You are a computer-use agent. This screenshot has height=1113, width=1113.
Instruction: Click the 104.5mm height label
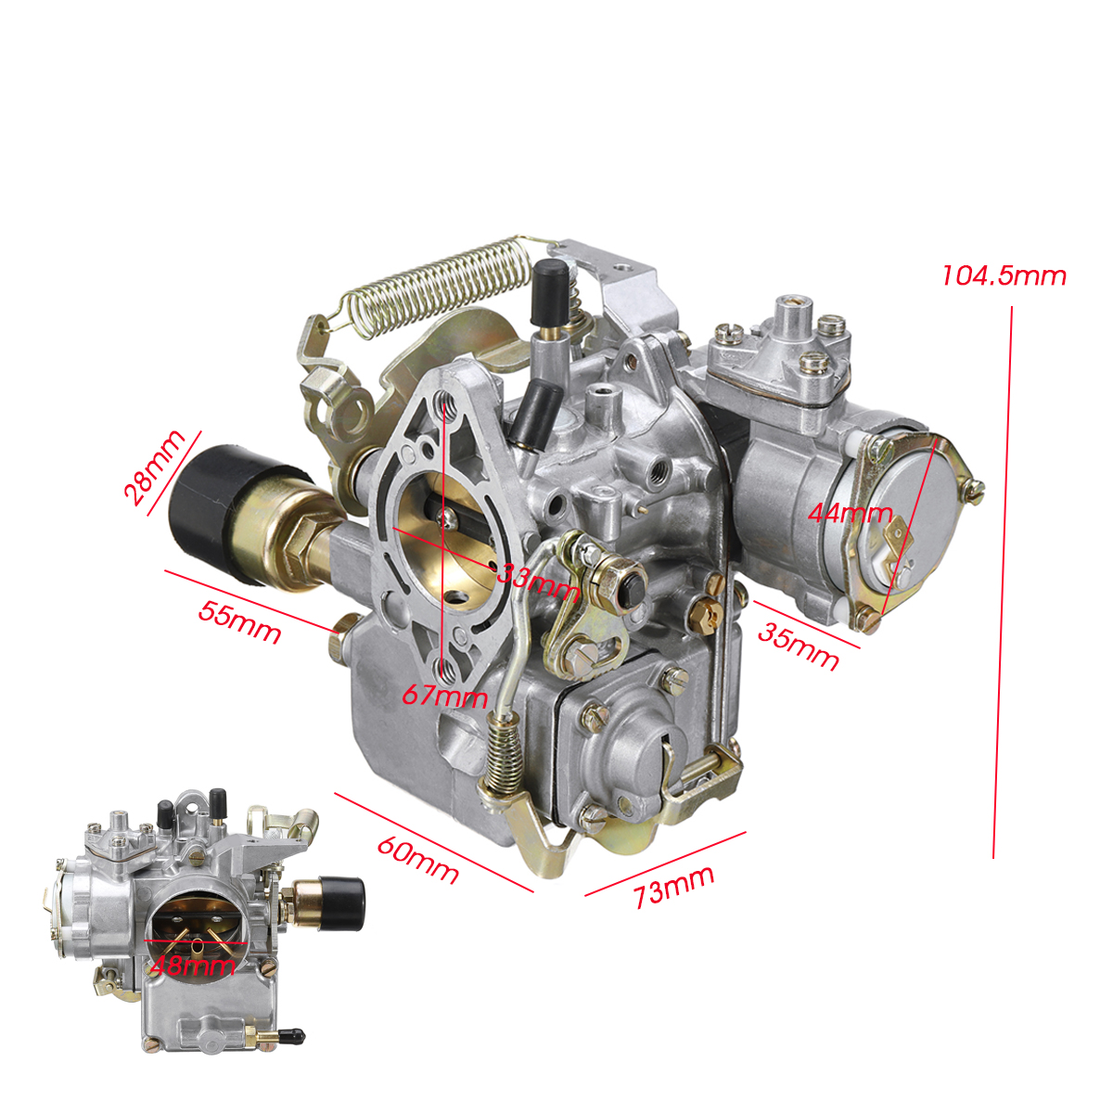(1004, 275)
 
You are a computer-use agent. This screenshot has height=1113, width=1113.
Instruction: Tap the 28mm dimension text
(153, 467)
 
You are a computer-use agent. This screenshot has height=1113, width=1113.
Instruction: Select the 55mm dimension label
(239, 622)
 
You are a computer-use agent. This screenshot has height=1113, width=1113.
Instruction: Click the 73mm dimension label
(674, 888)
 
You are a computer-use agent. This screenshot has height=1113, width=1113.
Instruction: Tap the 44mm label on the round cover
(850, 512)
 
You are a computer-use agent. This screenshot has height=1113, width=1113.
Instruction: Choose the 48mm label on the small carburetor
(192, 966)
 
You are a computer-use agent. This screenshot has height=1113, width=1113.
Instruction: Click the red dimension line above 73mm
(665, 864)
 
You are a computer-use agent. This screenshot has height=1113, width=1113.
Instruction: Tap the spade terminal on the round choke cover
(896, 539)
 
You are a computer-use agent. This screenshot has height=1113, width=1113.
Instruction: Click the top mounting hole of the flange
(449, 402)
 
